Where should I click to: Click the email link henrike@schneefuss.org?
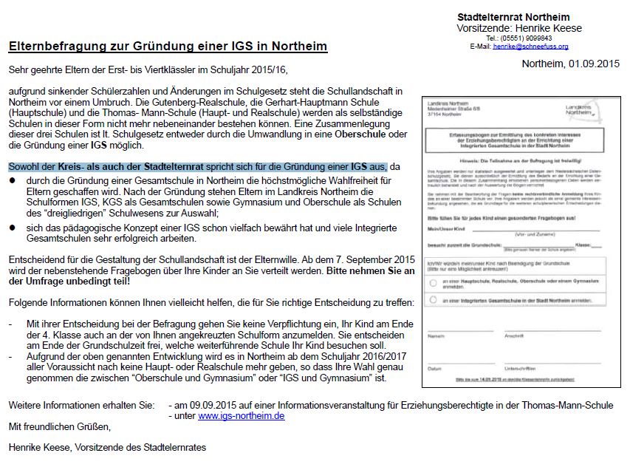530,47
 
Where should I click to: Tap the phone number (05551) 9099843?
530,38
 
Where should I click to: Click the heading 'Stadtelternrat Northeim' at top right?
513,17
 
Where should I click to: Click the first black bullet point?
13,180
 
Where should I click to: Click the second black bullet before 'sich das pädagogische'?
13,228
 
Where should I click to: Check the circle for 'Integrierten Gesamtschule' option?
433,301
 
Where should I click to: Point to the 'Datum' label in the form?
435,368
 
